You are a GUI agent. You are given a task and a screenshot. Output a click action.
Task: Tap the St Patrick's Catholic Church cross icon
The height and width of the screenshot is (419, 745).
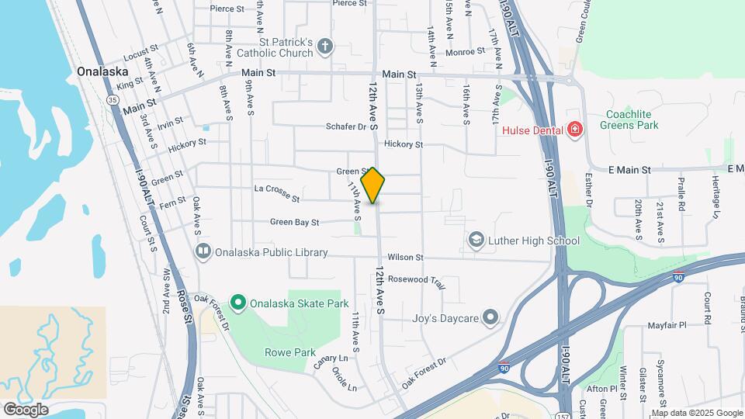325,47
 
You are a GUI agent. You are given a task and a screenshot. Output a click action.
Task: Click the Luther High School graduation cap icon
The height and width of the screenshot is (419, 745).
475,241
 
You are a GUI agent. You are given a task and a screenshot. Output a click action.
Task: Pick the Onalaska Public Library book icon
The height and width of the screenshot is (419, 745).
203,251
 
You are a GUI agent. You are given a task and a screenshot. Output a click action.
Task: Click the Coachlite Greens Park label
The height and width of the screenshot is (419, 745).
632,119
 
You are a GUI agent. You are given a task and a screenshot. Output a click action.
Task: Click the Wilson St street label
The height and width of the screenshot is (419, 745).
405,257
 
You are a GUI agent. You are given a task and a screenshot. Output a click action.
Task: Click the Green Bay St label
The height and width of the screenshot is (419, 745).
295,223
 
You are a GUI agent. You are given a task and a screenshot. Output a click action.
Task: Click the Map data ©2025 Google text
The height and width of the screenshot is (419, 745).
695,413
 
